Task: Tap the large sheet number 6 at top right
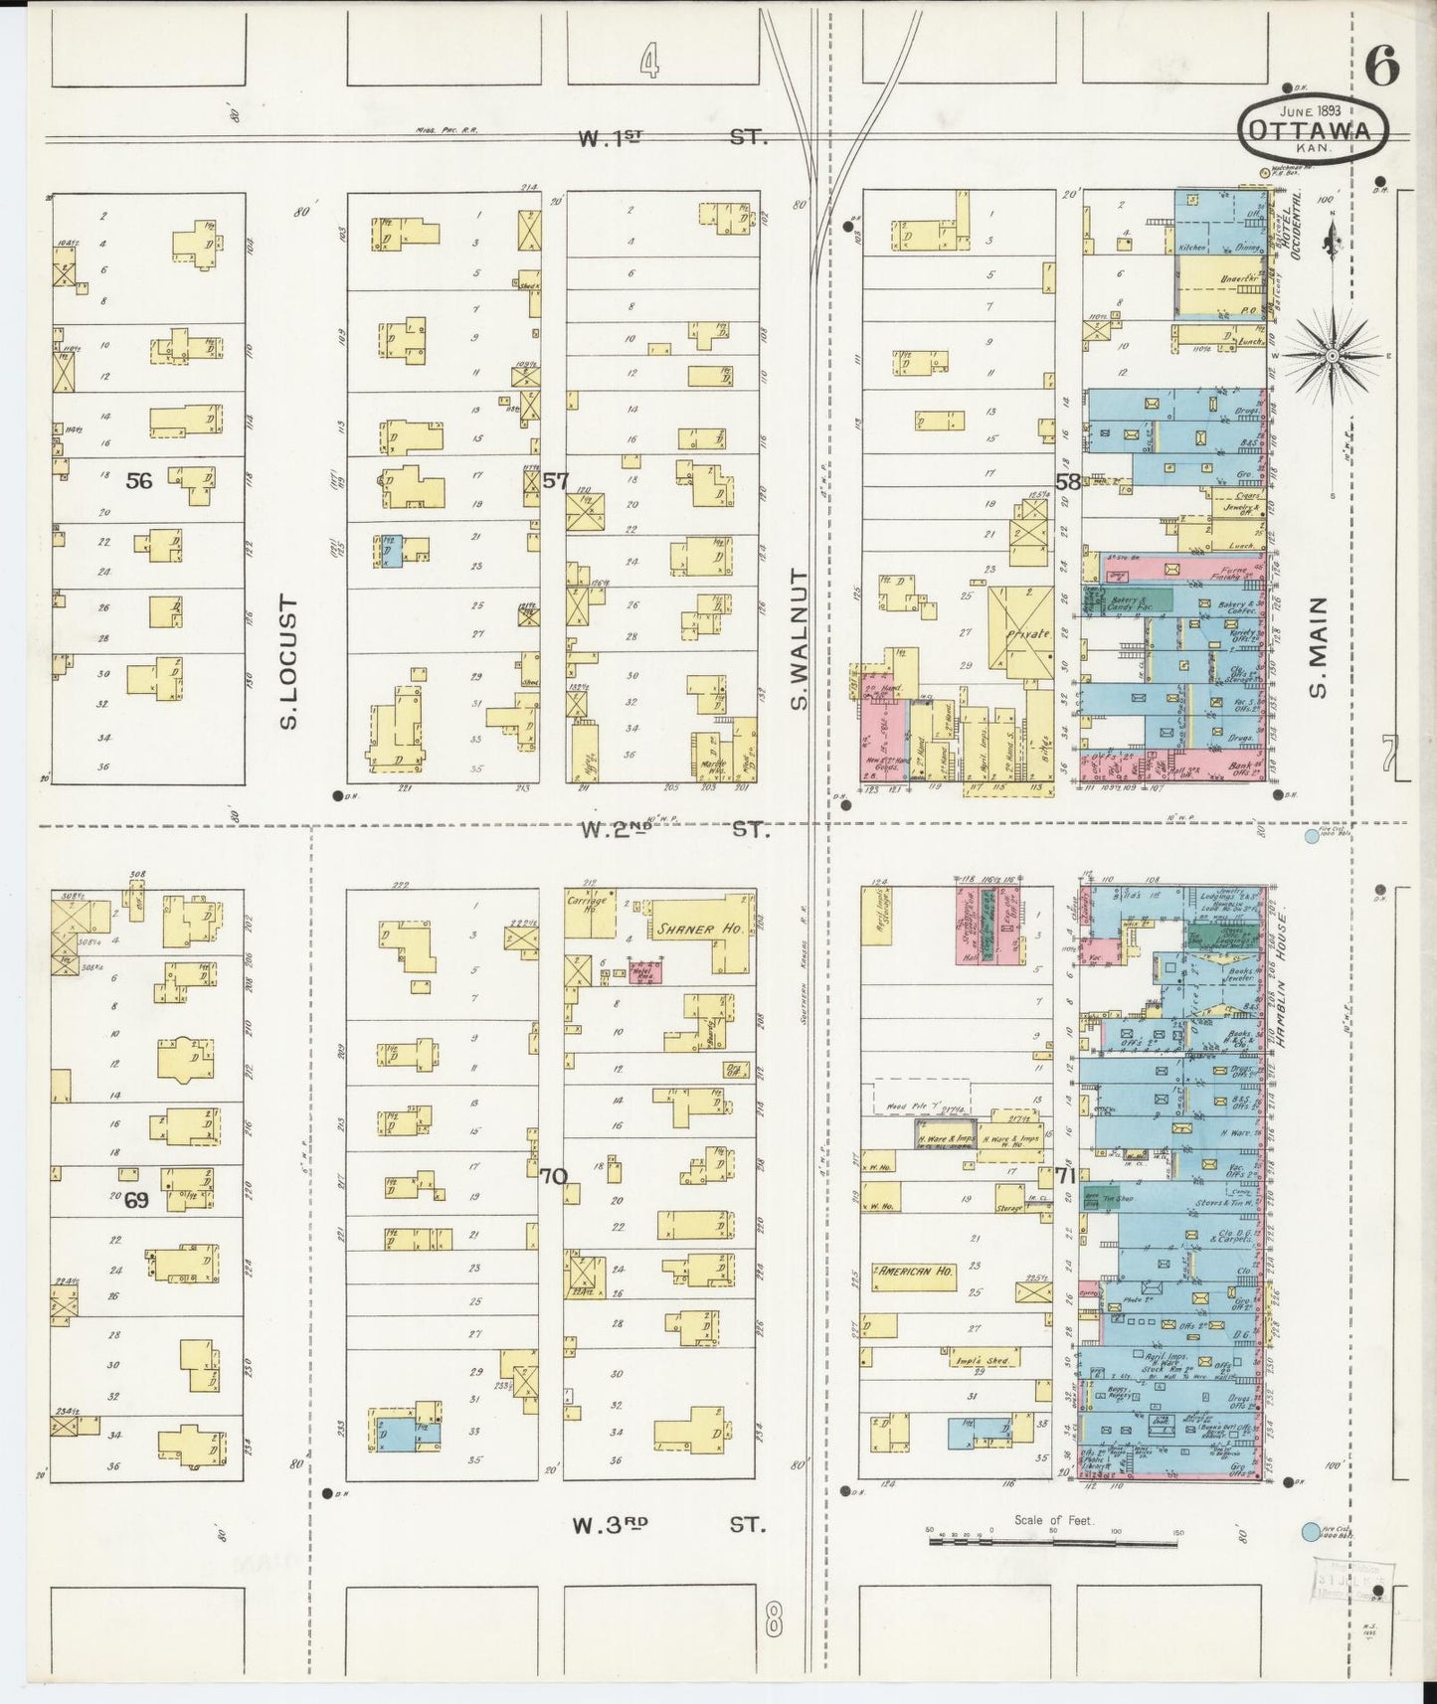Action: coord(1381,66)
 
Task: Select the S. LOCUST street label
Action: coord(289,661)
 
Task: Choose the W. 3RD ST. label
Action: coord(670,1523)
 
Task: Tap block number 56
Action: coord(139,481)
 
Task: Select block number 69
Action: coord(136,1200)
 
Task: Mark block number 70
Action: coord(553,1176)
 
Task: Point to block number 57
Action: coord(555,481)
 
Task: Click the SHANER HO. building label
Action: coord(699,930)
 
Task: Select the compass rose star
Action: coord(1332,355)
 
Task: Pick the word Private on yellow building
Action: coord(1027,632)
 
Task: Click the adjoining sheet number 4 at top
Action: coord(648,64)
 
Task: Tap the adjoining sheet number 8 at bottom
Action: coord(773,1621)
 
